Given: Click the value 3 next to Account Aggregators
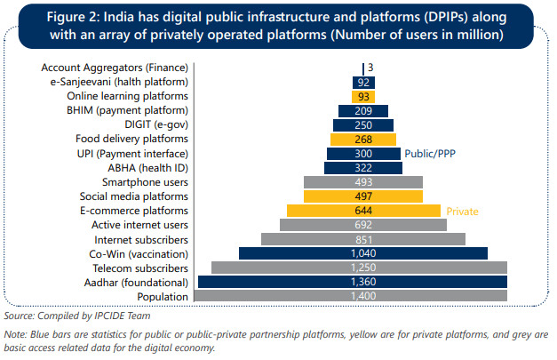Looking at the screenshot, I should tap(370, 68).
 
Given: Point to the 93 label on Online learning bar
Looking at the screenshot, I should tap(362, 96).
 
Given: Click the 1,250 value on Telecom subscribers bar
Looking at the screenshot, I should tap(362, 268).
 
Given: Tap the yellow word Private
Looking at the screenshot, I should tap(462, 212).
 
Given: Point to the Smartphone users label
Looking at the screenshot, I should tap(145, 181).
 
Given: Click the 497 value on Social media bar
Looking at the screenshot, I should tap(362, 196).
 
